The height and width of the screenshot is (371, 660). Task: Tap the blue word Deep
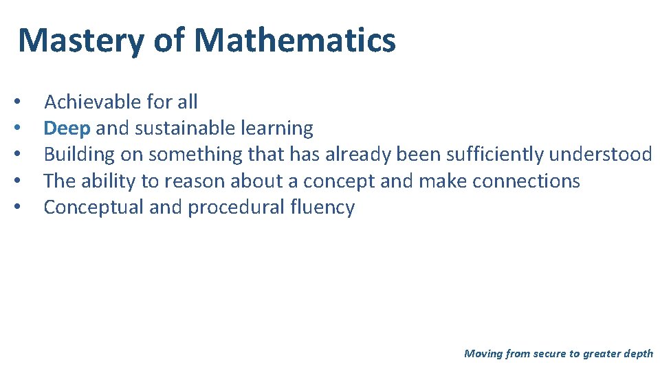click(67, 128)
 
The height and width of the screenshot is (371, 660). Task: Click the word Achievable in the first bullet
click(87, 102)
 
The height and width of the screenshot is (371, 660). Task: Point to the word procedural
click(234, 207)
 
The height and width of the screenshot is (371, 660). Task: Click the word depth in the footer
click(639, 354)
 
